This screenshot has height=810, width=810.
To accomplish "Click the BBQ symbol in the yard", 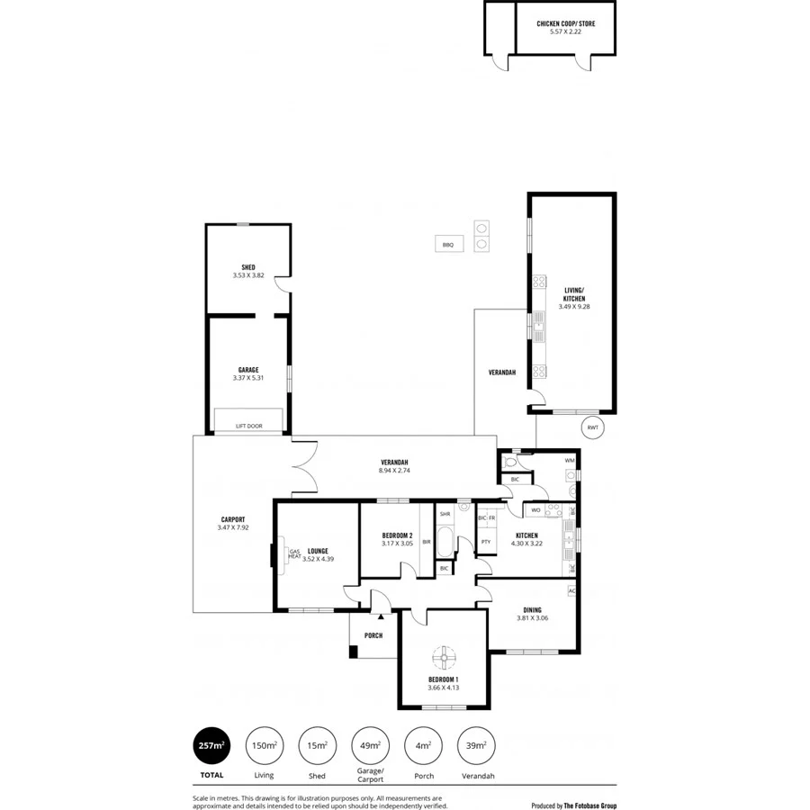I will [447, 244].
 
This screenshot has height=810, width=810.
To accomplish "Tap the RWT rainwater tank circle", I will [591, 427].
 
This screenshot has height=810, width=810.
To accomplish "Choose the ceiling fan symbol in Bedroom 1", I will [443, 655].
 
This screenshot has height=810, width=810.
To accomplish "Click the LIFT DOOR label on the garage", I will [248, 426].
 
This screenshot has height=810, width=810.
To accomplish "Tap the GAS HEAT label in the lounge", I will [294, 554].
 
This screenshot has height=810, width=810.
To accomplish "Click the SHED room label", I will [247, 267].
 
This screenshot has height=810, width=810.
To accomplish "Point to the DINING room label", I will [532, 609].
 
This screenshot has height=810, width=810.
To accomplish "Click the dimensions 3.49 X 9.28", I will [573, 307].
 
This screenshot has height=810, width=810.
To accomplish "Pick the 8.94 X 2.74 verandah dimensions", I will [394, 470].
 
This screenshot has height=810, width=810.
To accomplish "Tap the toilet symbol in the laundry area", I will [510, 462].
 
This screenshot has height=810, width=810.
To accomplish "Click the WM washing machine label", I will [569, 461].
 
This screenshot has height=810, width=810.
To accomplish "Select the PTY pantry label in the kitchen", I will [486, 542].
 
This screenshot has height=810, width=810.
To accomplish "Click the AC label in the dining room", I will [571, 591].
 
